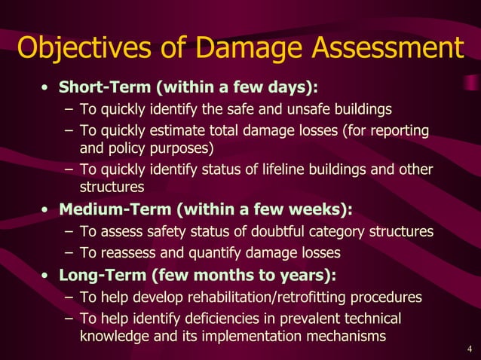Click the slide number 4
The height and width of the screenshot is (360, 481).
470,348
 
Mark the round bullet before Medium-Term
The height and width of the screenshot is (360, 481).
46,209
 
